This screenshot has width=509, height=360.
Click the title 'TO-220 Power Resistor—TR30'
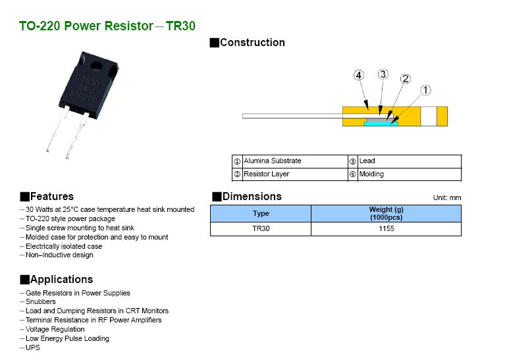pos(107,26)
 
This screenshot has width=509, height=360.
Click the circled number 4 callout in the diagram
pos(358,76)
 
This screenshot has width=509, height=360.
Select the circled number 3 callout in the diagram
pos(383,74)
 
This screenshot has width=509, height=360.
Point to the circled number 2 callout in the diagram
pos(405,79)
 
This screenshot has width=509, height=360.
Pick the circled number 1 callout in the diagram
pos(426,90)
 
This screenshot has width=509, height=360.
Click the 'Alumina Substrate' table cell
pos(273,161)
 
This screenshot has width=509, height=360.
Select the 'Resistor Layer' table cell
pos(267,174)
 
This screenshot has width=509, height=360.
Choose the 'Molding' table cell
pos(371,174)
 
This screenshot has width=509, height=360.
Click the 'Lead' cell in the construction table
pos(367,161)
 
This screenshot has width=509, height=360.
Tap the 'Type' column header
pos(261,213)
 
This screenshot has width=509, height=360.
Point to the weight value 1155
pos(386,229)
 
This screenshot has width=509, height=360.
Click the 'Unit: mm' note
pos(446,197)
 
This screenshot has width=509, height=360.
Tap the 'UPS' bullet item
pos(33,347)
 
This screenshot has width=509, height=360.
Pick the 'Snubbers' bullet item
pos(41,302)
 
